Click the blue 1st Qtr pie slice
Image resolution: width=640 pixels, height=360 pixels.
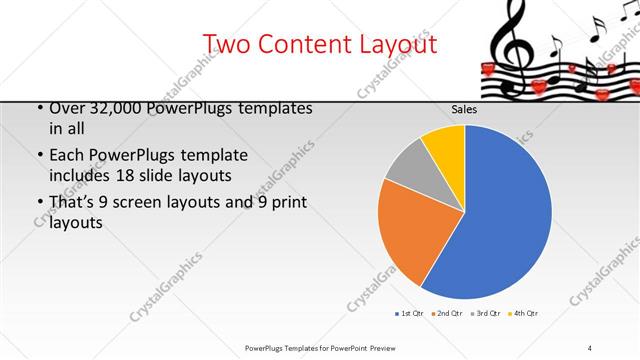point(500,220)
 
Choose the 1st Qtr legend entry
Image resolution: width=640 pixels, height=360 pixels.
point(408,314)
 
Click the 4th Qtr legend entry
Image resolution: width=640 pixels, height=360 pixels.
point(523,314)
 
